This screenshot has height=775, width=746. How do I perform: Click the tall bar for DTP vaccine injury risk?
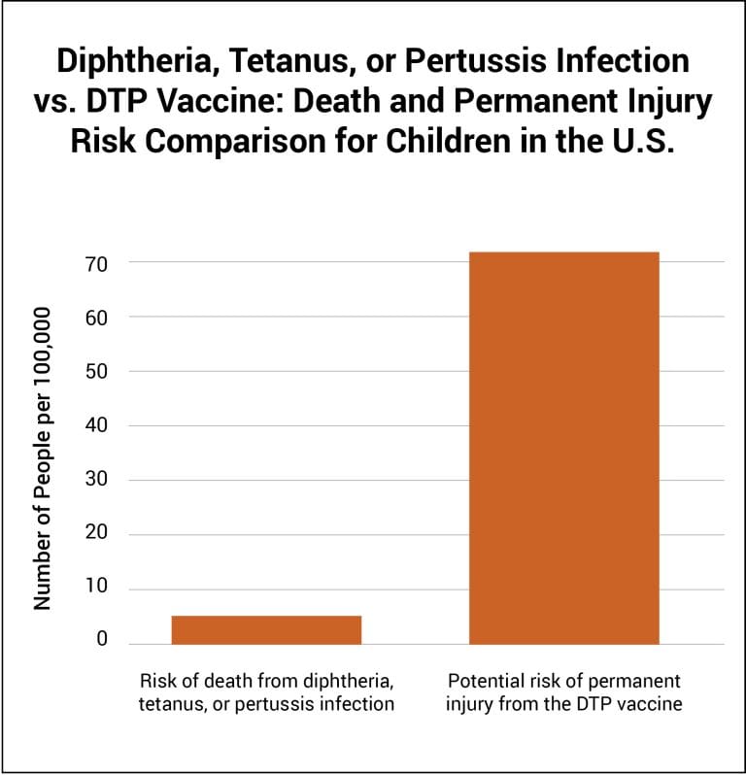click(563, 448)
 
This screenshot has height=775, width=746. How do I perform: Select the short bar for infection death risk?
click(266, 629)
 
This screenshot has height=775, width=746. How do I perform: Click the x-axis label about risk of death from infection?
click(266, 691)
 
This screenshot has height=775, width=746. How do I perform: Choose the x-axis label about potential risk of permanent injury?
click(563, 691)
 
